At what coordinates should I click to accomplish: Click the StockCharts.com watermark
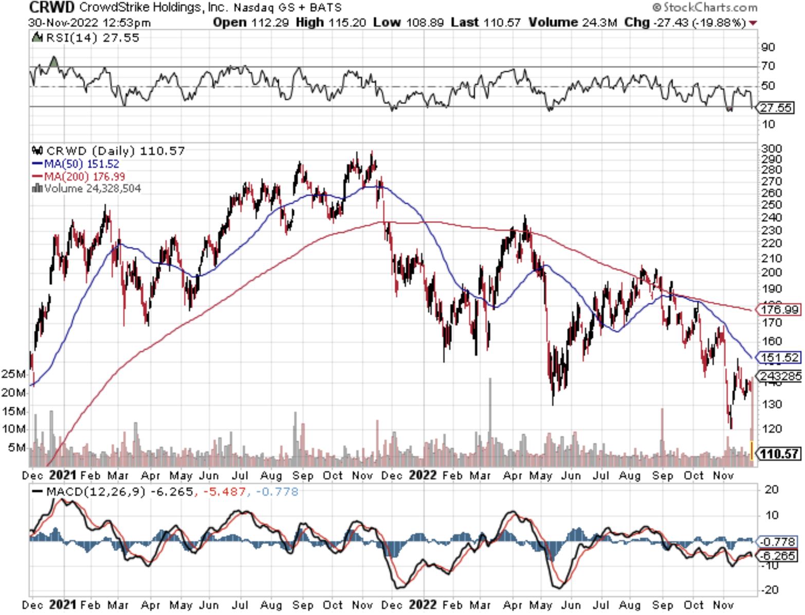[x=705, y=7]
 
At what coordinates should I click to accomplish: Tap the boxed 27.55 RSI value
[x=776, y=107]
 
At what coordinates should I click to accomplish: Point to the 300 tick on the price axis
[x=771, y=149]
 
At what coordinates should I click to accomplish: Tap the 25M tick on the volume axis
[x=14, y=374]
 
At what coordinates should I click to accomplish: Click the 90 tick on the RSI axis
[x=768, y=47]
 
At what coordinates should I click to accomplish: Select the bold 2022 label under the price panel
[x=422, y=475]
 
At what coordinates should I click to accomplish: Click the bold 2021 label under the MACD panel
[x=62, y=605]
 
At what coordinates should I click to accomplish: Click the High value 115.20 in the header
[x=353, y=22]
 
